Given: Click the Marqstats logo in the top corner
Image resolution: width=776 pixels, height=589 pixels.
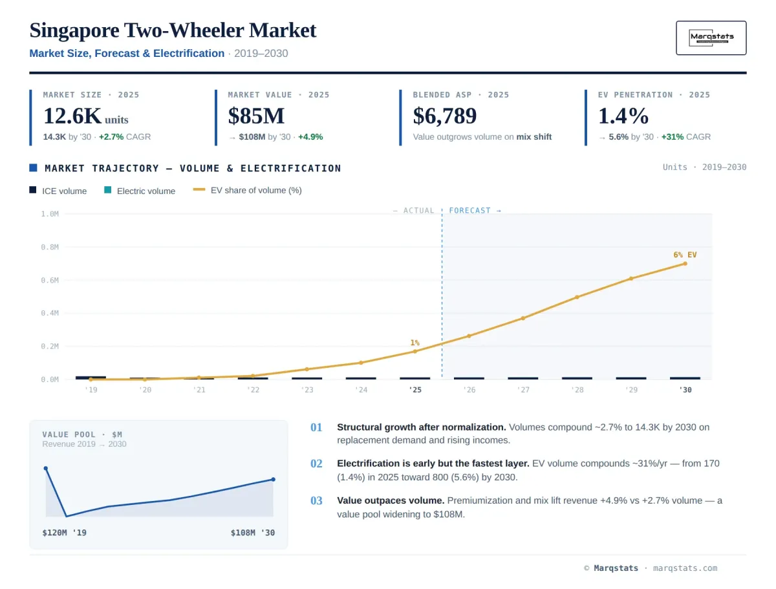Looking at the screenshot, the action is click(711, 37).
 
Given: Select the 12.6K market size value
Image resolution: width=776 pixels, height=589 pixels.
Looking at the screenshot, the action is click(72, 116).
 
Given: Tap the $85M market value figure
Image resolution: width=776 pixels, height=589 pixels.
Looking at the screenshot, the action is click(256, 116).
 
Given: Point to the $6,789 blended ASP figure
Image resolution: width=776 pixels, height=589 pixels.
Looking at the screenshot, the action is click(444, 116).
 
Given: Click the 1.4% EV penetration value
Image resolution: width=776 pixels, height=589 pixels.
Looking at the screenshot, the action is click(623, 116).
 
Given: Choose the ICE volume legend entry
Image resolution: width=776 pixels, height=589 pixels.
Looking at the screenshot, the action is click(58, 191).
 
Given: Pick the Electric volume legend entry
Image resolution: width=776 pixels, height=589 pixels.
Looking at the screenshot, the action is click(140, 191).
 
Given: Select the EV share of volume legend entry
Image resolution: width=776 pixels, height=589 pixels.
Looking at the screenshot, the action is click(247, 190).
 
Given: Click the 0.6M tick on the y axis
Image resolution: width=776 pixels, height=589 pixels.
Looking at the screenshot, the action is click(50, 280).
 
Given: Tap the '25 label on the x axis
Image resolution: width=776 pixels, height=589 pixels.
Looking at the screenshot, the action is click(415, 389).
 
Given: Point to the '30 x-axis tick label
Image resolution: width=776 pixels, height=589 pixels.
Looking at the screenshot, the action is click(685, 389).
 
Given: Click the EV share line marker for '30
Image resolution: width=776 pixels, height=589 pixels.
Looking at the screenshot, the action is click(685, 264).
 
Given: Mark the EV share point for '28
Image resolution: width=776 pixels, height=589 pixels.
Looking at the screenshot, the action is click(577, 297).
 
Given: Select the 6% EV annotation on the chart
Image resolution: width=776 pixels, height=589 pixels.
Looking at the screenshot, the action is click(685, 255).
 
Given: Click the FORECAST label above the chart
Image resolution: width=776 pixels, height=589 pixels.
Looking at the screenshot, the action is click(469, 211).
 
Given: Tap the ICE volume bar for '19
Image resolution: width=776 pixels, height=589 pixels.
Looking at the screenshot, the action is click(91, 378).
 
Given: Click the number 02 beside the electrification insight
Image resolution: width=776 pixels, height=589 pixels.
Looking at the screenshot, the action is click(316, 463).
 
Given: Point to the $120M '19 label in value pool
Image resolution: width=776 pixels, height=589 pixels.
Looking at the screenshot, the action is click(64, 533).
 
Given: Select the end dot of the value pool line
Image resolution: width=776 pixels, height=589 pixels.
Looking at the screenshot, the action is click(274, 480).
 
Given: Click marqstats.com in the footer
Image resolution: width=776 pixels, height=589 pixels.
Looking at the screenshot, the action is click(685, 568).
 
